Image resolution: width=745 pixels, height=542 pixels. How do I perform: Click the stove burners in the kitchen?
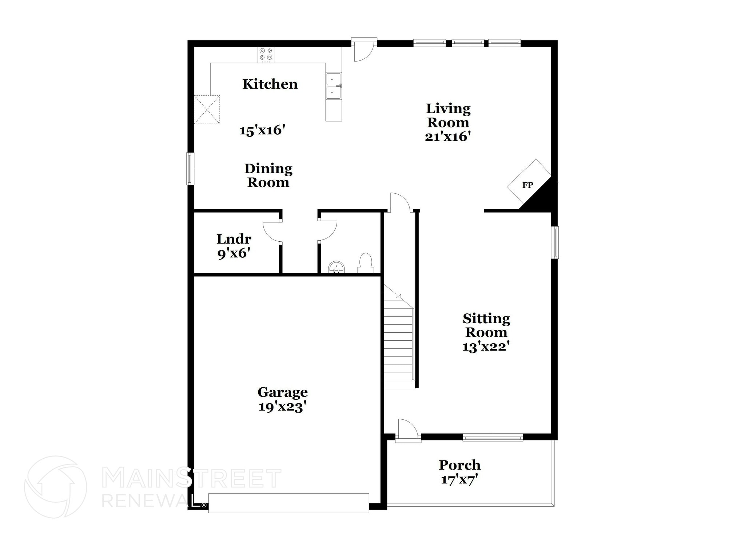[x=266, y=55]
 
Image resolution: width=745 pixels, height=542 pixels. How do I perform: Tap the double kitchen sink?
[x=334, y=86]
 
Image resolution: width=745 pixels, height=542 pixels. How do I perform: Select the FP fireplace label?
[x=527, y=185]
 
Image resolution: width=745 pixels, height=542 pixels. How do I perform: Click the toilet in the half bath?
[x=366, y=263]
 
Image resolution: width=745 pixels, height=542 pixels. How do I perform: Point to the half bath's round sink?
[x=336, y=267]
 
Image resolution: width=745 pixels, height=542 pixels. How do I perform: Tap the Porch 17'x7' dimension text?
[x=459, y=479]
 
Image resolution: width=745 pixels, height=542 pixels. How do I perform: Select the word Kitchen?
[x=270, y=84]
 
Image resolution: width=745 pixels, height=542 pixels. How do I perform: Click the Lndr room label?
[x=234, y=239]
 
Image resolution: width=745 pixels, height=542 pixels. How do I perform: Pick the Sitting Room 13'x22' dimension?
[x=485, y=347]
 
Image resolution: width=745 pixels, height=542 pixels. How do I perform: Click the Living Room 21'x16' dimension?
[x=448, y=137]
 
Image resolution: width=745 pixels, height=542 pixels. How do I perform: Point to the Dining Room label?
[x=268, y=175]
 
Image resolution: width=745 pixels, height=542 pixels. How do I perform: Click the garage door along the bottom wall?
[x=288, y=503]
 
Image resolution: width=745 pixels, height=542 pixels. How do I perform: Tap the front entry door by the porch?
[x=408, y=431]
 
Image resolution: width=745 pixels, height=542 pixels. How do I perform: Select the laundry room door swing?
[x=272, y=232]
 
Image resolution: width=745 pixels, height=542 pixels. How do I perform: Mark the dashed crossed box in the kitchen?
[x=207, y=110]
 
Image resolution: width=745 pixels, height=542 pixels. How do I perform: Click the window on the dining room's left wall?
[x=190, y=169]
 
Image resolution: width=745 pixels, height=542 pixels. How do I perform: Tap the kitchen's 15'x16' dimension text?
[x=262, y=130]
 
